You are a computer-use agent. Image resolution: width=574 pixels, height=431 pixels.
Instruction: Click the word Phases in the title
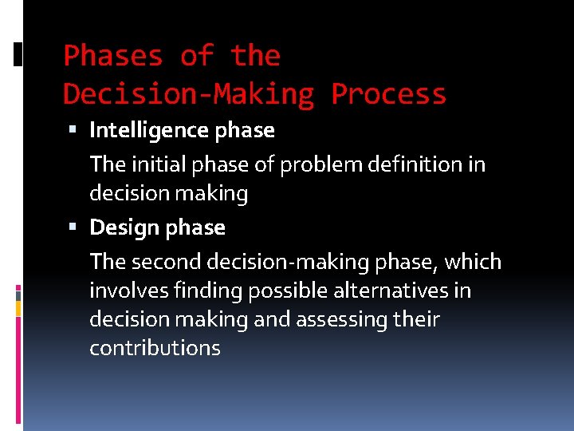[x=112, y=56]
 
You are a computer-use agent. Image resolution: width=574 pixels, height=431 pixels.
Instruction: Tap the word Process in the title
[x=388, y=94]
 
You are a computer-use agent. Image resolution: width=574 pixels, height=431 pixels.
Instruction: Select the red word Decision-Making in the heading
[x=189, y=94]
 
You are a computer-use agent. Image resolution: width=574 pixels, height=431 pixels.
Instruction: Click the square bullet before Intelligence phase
[x=73, y=130]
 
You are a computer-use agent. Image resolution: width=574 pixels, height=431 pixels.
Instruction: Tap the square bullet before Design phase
[x=73, y=227]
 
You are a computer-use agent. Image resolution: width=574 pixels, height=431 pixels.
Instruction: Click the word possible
[x=283, y=291]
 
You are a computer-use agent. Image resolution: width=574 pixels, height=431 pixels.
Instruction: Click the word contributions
[x=155, y=348]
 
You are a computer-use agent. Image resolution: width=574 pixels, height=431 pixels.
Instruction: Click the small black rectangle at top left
[x=18, y=53]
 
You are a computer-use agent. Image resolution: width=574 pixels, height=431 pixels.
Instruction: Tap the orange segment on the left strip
[x=18, y=306]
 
